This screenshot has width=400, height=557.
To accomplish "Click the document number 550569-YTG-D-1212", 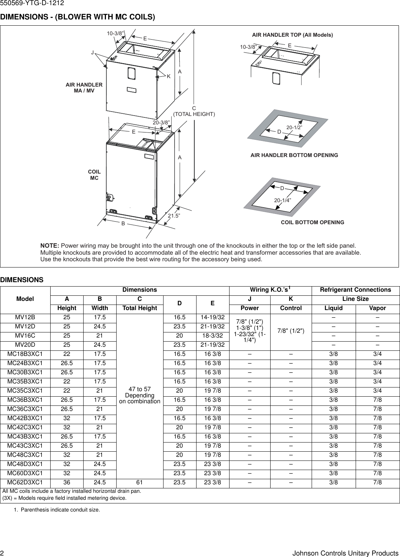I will (x=32, y=3).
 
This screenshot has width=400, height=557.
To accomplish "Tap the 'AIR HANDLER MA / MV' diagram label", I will (x=84, y=88).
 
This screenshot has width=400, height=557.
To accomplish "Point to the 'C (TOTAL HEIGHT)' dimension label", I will (x=194, y=111).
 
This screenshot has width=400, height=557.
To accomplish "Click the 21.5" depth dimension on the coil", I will (x=174, y=216).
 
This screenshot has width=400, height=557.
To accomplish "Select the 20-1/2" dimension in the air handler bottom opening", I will (x=294, y=127).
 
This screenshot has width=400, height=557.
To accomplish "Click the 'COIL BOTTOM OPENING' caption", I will (x=312, y=222).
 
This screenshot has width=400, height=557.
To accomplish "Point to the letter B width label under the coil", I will (x=123, y=223).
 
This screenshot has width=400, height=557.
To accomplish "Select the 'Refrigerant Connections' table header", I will (x=355, y=290).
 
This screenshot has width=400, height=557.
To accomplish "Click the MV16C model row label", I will (x=25, y=336).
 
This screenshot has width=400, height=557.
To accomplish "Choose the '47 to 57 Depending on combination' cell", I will (x=140, y=395).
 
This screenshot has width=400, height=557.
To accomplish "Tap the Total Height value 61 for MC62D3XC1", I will (x=140, y=483).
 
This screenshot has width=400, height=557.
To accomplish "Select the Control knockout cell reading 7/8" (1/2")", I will (x=291, y=331).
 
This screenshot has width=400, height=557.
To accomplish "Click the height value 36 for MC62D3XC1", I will (x=67, y=483).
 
